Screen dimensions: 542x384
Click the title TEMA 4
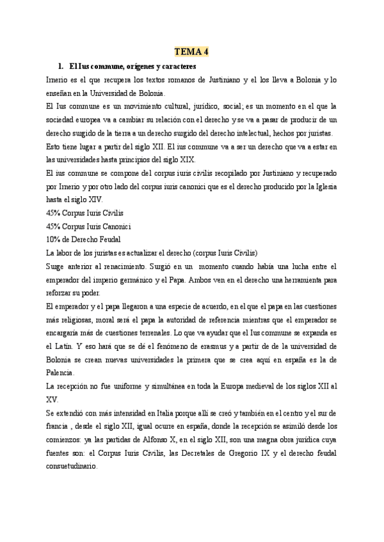pos(191,52)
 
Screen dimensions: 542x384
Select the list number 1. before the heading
pos(61,66)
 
